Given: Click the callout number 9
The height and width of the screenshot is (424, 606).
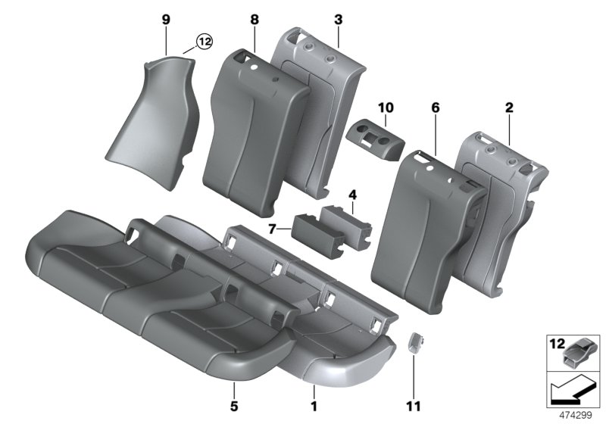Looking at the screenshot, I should pyautogui.click(x=166, y=16).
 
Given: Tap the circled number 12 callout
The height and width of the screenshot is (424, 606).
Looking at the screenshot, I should pyautogui.click(x=203, y=42).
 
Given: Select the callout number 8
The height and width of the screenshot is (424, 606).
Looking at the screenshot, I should pyautogui.click(x=255, y=16).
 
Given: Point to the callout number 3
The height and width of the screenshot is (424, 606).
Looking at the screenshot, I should pyautogui.click(x=338, y=16).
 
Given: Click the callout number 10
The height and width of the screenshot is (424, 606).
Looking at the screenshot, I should pyautogui.click(x=386, y=108).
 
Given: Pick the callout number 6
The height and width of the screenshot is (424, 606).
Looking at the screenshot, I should pyautogui.click(x=436, y=108).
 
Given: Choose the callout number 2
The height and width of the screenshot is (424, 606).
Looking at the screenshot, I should pyautogui.click(x=509, y=108).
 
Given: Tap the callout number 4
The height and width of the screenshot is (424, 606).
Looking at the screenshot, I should pyautogui.click(x=351, y=195).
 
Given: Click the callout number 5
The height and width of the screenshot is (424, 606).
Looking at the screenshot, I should pyautogui.click(x=234, y=394).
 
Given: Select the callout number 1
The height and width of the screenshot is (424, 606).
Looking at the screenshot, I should pyautogui.click(x=314, y=394).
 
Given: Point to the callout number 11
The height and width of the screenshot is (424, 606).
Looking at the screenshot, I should pyautogui.click(x=414, y=394).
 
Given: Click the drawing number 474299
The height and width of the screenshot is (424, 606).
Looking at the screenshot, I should pyautogui.click(x=576, y=415).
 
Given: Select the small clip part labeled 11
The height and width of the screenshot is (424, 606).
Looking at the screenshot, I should pyautogui.click(x=414, y=343).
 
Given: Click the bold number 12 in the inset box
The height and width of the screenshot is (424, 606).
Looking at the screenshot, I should pyautogui.click(x=555, y=344).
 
